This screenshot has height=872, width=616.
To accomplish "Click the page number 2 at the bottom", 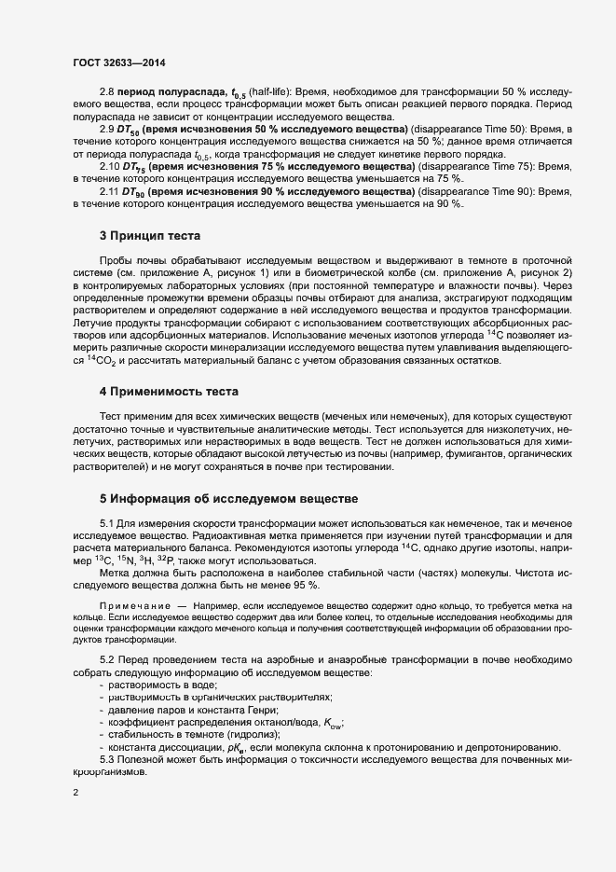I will coord(75,793).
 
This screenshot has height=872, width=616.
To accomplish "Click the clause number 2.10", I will coord(111,165).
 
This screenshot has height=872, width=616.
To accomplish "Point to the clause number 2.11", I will coord(111,190).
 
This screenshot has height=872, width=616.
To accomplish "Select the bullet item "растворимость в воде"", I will coord(161,685).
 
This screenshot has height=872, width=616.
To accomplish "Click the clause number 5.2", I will coord(108,659).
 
